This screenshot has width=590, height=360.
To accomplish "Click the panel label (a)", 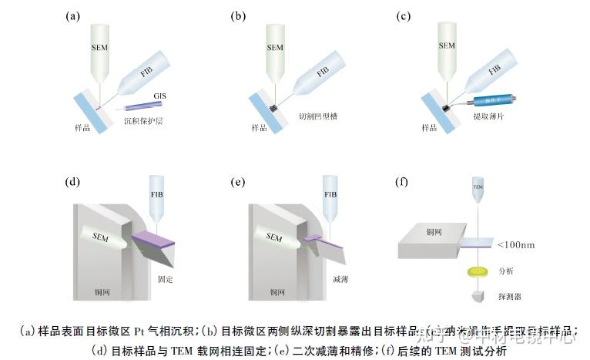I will [x=73, y=15].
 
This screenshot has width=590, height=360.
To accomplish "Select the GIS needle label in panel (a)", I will [x=159, y=94].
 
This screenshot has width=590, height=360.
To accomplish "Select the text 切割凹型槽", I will [x=317, y=117].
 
